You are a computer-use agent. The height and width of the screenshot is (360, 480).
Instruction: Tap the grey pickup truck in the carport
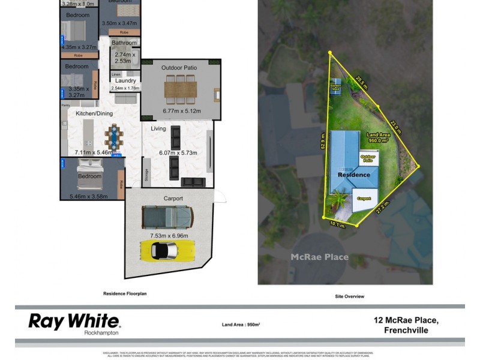(167, 216)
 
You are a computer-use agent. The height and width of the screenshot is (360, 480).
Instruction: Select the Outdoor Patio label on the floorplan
(179, 68)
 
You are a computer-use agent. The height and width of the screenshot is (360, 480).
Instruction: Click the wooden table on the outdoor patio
(180, 92)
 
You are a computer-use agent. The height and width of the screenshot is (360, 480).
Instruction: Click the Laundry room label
(125, 80)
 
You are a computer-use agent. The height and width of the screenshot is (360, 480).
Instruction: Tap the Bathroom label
(124, 43)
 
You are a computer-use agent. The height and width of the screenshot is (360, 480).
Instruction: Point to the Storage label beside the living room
(146, 175)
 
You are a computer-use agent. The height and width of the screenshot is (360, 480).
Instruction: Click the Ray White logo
(74, 322)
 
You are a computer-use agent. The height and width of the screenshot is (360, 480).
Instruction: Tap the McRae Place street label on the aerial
(319, 257)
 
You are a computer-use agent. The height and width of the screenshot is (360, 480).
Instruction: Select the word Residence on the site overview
(353, 175)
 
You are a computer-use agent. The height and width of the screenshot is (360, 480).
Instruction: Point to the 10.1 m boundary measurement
(338, 224)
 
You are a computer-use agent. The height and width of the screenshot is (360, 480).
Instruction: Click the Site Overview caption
(350, 296)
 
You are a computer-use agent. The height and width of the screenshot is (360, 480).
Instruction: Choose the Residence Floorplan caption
(125, 294)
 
